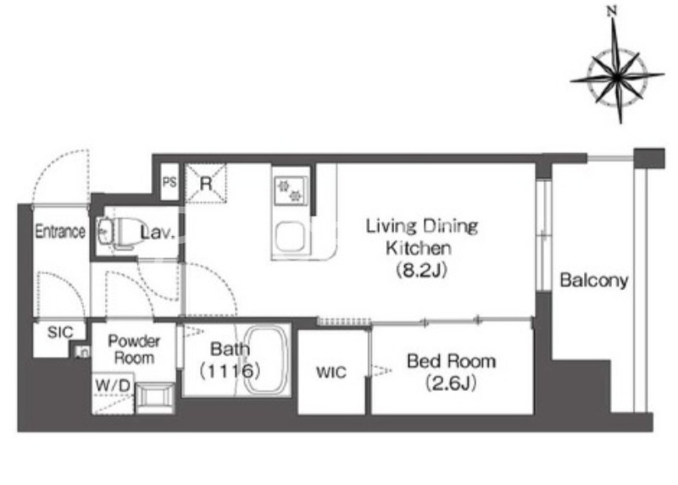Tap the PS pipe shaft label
pos(169,182)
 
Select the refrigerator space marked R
pos(206,184)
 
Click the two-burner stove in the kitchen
pos(291,191)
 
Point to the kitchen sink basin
pos(290,236)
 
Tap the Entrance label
pos(60,231)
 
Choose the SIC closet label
pos(60,332)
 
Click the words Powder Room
pos(134,350)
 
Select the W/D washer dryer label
pos(114,385)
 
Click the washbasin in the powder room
pos(155,397)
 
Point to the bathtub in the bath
pos(266,360)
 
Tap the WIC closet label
pos(331,372)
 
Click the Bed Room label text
pos(452,361)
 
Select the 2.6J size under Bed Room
pos(451,383)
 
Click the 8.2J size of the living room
pos(421,270)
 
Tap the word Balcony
pos(594,281)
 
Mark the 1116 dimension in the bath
pos(230,371)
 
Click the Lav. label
pos(158,233)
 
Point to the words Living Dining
pos(422,227)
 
